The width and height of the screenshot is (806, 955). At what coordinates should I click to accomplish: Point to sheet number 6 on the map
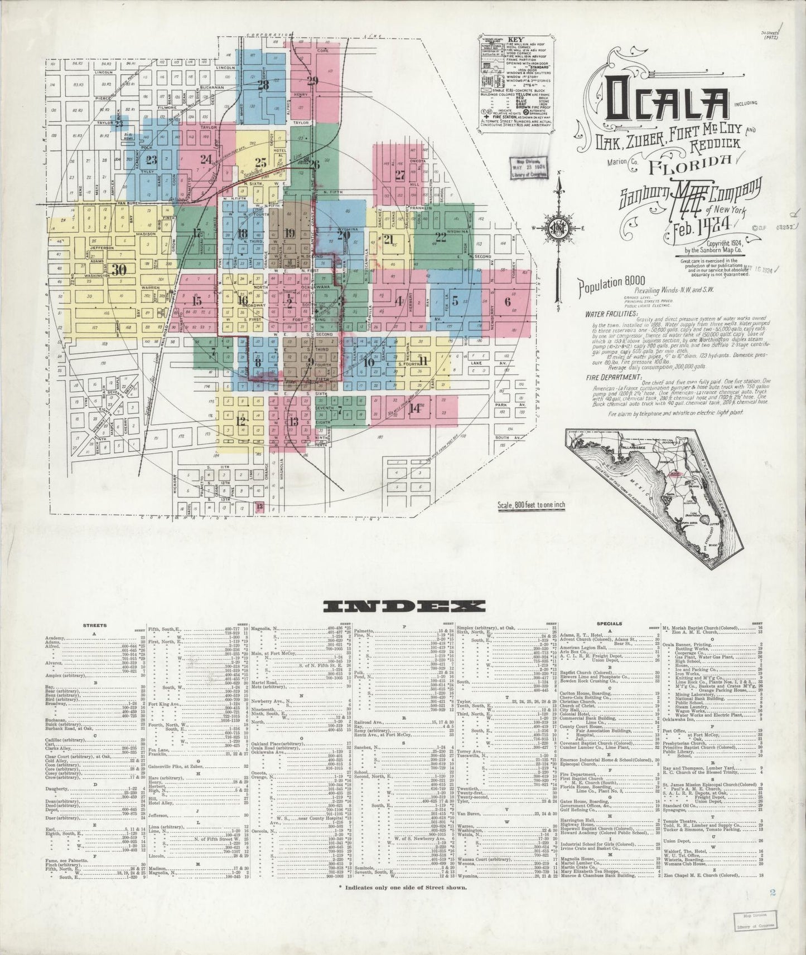click(x=507, y=301)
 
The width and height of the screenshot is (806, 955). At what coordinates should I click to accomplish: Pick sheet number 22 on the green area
click(x=441, y=236)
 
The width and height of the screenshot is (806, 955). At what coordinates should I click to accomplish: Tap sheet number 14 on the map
click(x=414, y=407)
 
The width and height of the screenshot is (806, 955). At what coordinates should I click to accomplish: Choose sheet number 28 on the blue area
click(x=263, y=85)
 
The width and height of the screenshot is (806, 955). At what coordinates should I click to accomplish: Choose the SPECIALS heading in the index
click(x=610, y=623)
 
